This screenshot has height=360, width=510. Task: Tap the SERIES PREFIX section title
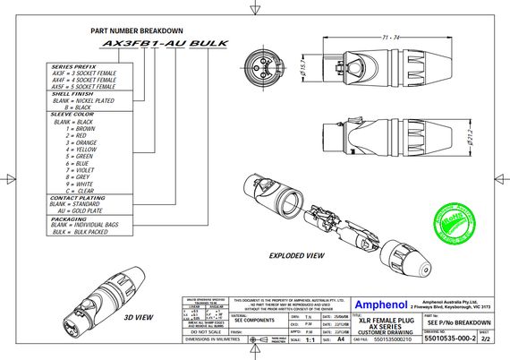pos(74,67)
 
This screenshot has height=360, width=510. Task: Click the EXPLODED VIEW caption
pos(298,255)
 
